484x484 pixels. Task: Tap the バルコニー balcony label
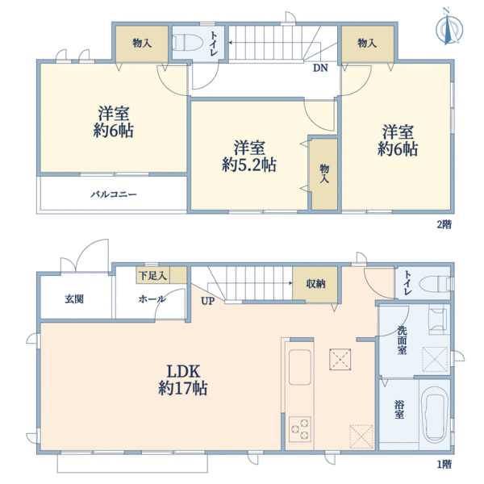[x=113, y=195]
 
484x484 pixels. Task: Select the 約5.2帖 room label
[x=249, y=156]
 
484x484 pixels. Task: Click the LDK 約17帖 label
[x=188, y=379]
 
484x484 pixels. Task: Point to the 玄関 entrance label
[x=74, y=298]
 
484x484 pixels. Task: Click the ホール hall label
[x=152, y=298]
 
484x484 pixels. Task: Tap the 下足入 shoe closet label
[x=152, y=276]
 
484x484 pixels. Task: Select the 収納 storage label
[x=315, y=283]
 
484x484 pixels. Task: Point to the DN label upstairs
[x=320, y=68]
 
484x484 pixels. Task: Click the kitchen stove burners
[x=300, y=427]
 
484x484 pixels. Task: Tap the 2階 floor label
[x=444, y=224]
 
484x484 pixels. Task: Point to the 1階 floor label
[x=444, y=464]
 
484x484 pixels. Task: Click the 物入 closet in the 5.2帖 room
[x=324, y=175]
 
